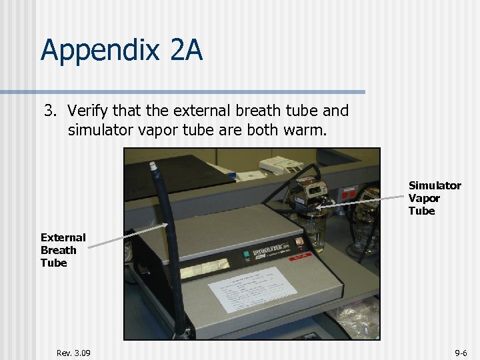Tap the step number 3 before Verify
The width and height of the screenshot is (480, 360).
49,109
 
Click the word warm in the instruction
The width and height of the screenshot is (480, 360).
307,129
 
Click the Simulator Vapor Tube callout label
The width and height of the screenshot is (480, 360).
434,198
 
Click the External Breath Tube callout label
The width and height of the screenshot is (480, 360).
63,250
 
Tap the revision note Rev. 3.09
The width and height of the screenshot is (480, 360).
73,353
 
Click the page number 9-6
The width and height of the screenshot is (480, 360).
461,353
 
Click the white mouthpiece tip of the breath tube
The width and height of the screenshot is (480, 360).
153,164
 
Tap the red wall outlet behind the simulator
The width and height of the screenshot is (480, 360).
347,193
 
